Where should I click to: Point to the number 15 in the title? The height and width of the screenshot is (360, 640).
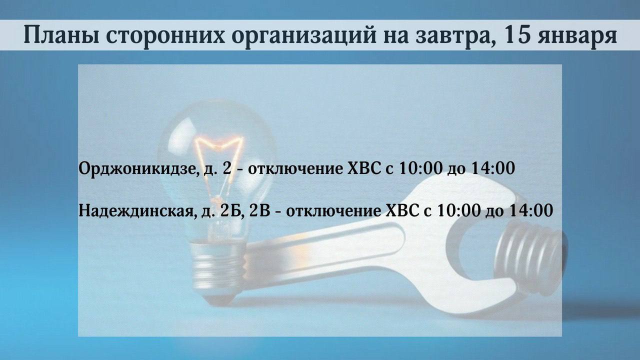pos(516,34)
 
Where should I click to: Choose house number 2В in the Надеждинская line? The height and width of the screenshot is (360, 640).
pos(259,210)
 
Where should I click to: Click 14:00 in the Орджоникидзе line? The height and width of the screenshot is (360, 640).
pos(492,168)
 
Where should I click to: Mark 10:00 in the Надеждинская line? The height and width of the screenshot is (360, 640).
pos(459,210)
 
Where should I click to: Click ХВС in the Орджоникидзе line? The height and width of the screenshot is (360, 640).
pos(364,168)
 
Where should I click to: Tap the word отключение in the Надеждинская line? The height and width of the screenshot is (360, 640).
pos(333,211)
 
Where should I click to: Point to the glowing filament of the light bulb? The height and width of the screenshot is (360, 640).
pos(218,165)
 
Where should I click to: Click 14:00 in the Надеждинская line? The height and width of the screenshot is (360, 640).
pos(531,210)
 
